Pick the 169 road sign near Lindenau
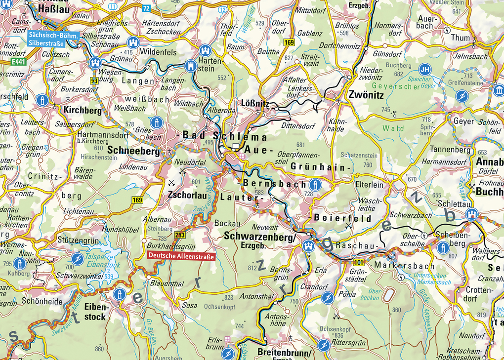[137, 200]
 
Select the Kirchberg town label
[82, 111]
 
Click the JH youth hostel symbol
[424, 69]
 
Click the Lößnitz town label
[255, 103]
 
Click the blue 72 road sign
[146, 8]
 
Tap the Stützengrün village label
[76, 241]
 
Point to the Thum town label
[461, 38]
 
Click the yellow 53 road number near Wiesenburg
[94, 80]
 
